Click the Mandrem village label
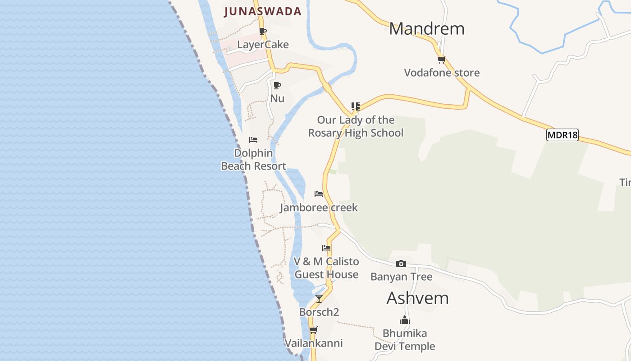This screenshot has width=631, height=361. (x=426, y=29)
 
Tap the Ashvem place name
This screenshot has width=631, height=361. (x=417, y=298)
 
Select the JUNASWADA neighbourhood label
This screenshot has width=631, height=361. (x=263, y=12)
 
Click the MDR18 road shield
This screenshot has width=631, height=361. (x=562, y=135)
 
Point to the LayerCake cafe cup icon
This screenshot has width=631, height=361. (x=263, y=32)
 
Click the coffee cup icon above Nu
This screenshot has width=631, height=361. (x=277, y=85)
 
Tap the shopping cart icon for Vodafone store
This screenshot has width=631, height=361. (x=441, y=60)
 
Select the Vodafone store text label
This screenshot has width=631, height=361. (x=442, y=73)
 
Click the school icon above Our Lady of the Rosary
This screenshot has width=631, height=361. (x=356, y=106)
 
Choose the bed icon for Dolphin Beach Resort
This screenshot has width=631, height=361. (x=253, y=140)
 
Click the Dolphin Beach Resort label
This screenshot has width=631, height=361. (x=253, y=160)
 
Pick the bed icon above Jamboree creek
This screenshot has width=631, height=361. (x=319, y=194)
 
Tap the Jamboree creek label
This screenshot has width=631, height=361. (x=319, y=208)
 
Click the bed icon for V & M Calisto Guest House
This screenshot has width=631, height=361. (x=326, y=248)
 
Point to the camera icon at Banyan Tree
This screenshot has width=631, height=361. (x=401, y=264)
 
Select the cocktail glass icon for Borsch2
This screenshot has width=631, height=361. (x=319, y=298)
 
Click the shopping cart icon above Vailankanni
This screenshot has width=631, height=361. (x=313, y=330)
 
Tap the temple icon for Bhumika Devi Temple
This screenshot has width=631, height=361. (x=405, y=320)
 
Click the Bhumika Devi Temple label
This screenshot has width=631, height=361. (x=405, y=340)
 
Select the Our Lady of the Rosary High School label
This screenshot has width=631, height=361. (x=356, y=126)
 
